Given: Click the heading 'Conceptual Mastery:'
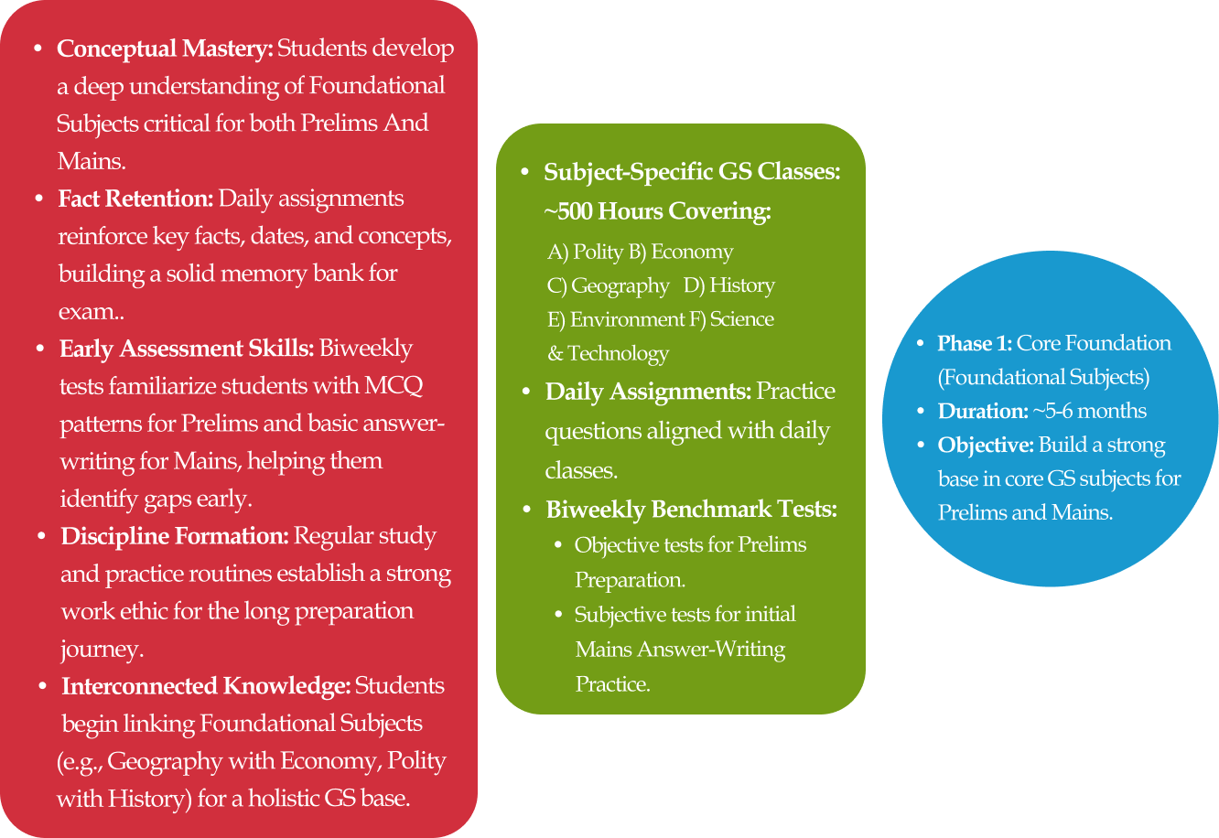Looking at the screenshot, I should point(165,48).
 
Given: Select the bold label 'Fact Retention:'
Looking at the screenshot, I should point(135,199).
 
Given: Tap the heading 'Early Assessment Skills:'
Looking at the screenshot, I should point(187,349).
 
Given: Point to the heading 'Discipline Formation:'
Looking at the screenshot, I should point(175,536).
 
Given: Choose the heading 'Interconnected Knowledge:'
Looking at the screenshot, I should point(206,686).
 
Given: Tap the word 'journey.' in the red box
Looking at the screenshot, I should point(102,650).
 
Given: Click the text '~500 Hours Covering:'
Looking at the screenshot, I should point(658,211).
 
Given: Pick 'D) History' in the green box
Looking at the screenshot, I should point(729,285).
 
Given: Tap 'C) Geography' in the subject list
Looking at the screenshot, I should point(609,285).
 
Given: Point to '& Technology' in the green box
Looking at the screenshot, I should point(608,353).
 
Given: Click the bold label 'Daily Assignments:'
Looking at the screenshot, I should point(648,392).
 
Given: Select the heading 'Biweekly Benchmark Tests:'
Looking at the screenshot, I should point(691,510).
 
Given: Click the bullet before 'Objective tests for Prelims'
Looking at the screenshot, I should point(559,545).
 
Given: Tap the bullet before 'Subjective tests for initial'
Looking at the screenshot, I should point(559,615).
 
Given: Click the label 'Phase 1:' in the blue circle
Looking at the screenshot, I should point(975,344).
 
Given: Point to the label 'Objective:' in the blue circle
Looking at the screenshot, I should point(987,446).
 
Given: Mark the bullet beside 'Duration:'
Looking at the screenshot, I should point(921,412).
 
